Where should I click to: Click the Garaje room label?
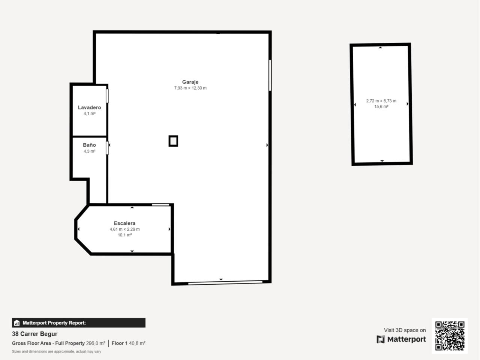pos(190,82)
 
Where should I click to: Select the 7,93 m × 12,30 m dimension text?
pos(190,88)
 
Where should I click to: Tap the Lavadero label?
pos(90,108)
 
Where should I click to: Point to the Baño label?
pos(90,145)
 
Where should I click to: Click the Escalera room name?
pos(124,223)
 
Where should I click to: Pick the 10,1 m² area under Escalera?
pos(124,235)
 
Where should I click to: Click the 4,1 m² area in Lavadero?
pos(90,114)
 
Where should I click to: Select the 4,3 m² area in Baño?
pos(90,151)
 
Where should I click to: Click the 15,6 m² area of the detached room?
pos(381,106)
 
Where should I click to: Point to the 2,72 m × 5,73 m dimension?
pos(381,101)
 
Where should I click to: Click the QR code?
pos(450,336)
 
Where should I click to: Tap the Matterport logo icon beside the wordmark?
pos(381,339)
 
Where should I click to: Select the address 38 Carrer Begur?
pos(34,334)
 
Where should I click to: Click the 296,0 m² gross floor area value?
pos(96,343)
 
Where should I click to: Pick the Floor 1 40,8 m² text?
pos(129,343)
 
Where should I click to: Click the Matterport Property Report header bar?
pos(79,322)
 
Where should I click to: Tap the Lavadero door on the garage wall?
pos(107,96)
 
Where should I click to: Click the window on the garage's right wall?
pos(270,75)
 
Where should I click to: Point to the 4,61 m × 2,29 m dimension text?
pos(124,229)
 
